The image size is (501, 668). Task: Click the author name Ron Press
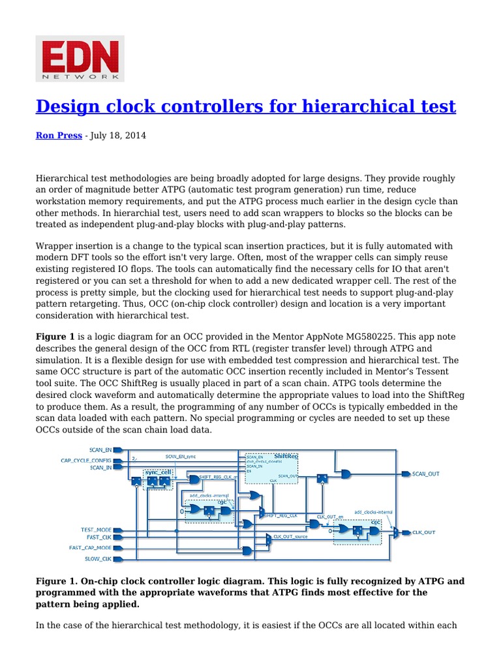(58, 136)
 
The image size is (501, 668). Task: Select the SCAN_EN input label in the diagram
(100, 449)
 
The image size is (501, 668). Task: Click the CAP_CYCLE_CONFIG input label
(86, 460)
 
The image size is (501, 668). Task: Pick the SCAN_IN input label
(100, 468)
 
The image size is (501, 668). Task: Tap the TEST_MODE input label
(96, 529)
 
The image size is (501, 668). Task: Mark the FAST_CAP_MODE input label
(90, 548)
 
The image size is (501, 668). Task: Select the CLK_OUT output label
(423, 532)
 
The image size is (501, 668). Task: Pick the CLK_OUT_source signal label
(291, 536)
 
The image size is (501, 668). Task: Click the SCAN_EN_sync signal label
(180, 457)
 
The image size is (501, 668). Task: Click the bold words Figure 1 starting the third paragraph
(55, 337)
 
